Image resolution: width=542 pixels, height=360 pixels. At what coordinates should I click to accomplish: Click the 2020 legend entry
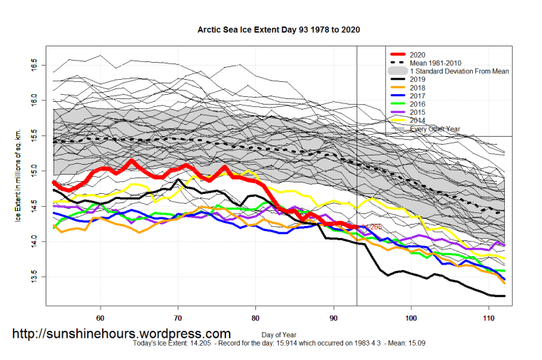coord(420,54)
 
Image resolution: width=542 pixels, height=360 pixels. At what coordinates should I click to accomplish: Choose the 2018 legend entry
coord(420,88)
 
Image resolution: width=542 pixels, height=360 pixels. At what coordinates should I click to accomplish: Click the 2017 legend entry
coord(420,96)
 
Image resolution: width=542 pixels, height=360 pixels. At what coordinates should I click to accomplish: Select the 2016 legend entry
coord(420,105)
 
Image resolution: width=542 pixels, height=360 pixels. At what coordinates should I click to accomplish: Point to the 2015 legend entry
coord(420,113)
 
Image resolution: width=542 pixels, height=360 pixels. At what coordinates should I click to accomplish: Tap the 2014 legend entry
coord(420,121)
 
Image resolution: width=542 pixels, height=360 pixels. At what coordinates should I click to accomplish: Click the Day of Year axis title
coord(278,334)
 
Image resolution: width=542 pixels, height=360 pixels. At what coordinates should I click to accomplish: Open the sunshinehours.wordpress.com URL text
coord(122,334)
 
